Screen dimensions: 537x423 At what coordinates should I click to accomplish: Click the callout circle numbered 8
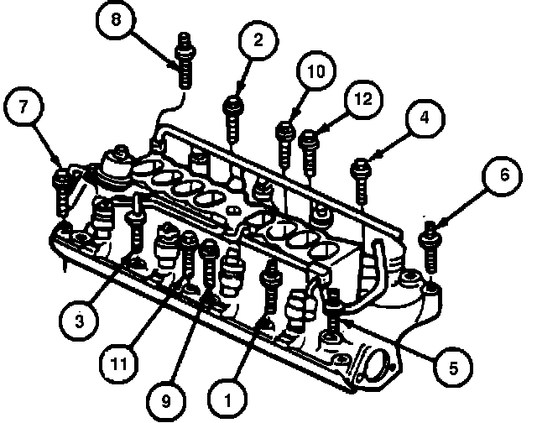(x=116, y=19)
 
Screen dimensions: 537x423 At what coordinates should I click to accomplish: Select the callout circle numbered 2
(x=258, y=40)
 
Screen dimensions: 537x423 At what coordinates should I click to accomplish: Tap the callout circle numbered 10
(x=315, y=71)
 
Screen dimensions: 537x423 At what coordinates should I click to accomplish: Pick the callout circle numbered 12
(x=363, y=99)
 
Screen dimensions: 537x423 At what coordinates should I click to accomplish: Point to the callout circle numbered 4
(x=425, y=118)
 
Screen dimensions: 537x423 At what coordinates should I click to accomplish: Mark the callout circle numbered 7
(x=23, y=107)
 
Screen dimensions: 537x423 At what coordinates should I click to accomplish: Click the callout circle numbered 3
(x=79, y=321)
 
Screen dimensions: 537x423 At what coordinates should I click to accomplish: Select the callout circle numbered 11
(x=119, y=363)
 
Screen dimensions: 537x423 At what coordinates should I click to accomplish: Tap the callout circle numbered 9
(x=166, y=400)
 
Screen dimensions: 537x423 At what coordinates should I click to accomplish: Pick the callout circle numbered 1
(x=227, y=399)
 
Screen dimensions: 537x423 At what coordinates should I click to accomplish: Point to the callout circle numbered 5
(x=453, y=368)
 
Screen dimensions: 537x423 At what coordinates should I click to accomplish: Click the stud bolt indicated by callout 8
(x=185, y=60)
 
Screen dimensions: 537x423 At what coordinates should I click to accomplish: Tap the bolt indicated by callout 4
(x=361, y=180)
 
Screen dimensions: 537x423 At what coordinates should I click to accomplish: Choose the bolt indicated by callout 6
(x=430, y=247)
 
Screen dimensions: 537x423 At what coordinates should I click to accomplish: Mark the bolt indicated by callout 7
(x=62, y=192)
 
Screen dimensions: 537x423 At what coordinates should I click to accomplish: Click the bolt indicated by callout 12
(x=309, y=153)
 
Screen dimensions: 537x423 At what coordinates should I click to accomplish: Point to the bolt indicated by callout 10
(x=285, y=145)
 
